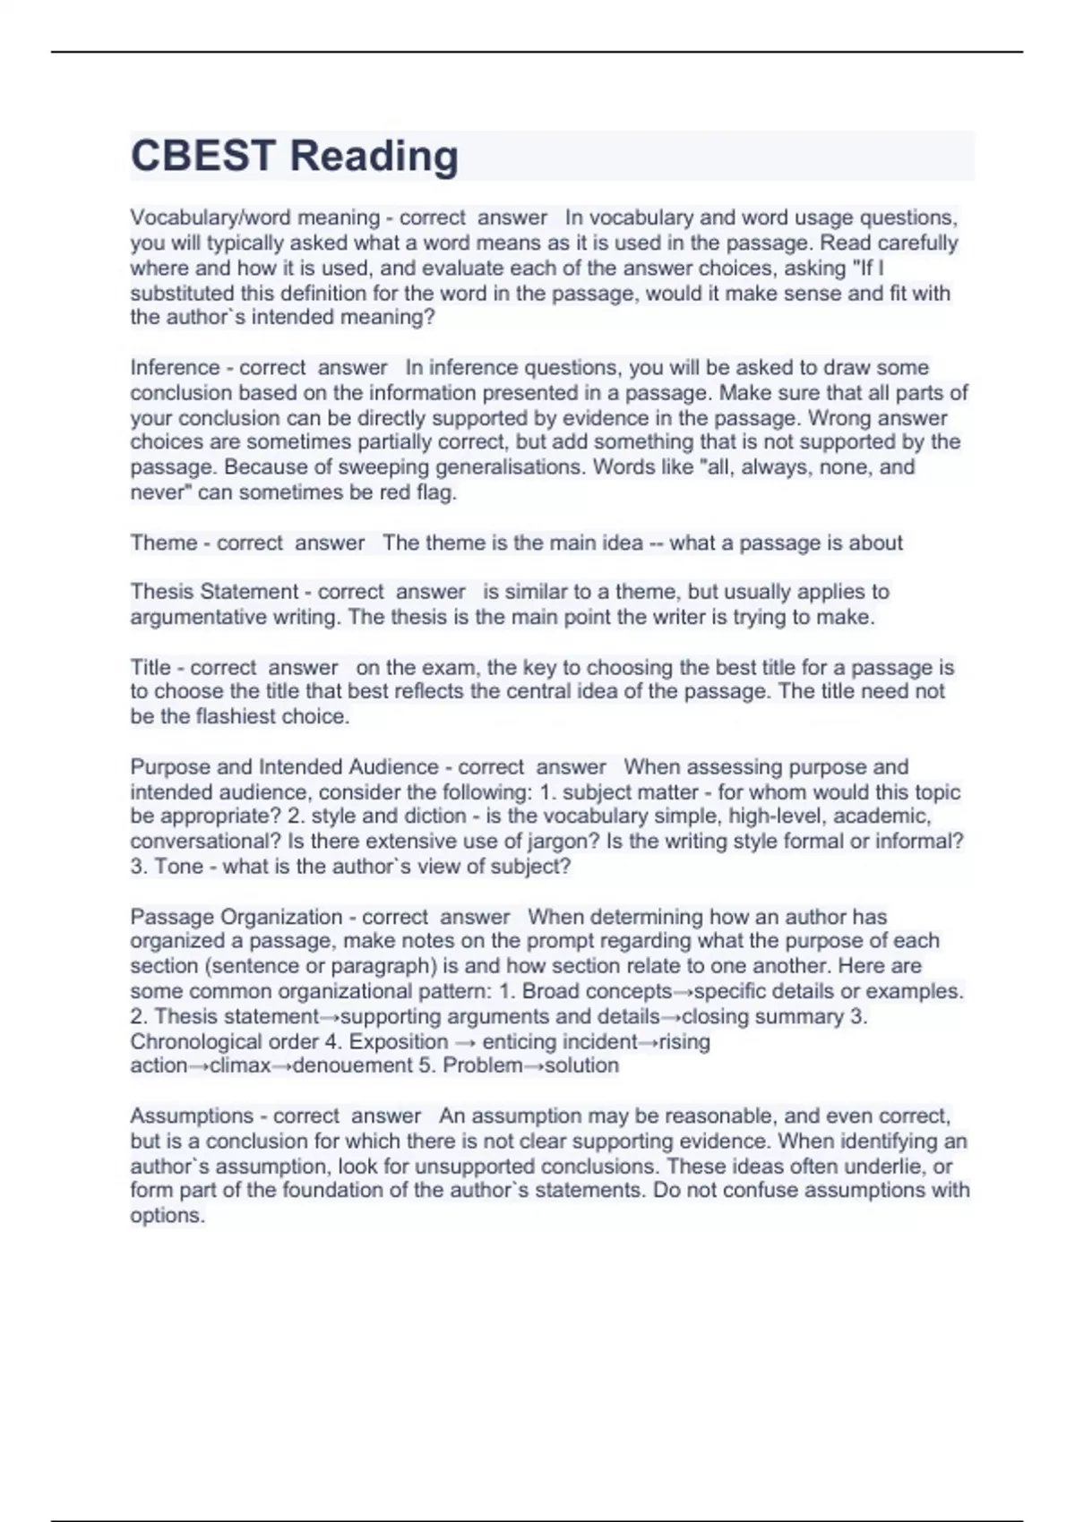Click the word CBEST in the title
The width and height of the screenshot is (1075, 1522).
(202, 156)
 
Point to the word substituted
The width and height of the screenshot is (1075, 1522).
(182, 293)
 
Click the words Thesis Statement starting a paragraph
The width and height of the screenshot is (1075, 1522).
(214, 592)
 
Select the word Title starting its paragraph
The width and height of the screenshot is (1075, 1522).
(150, 667)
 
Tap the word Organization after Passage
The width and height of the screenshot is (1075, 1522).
(281, 917)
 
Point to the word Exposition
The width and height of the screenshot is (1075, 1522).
(399, 1041)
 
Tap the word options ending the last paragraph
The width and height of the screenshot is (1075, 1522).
(167, 1215)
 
